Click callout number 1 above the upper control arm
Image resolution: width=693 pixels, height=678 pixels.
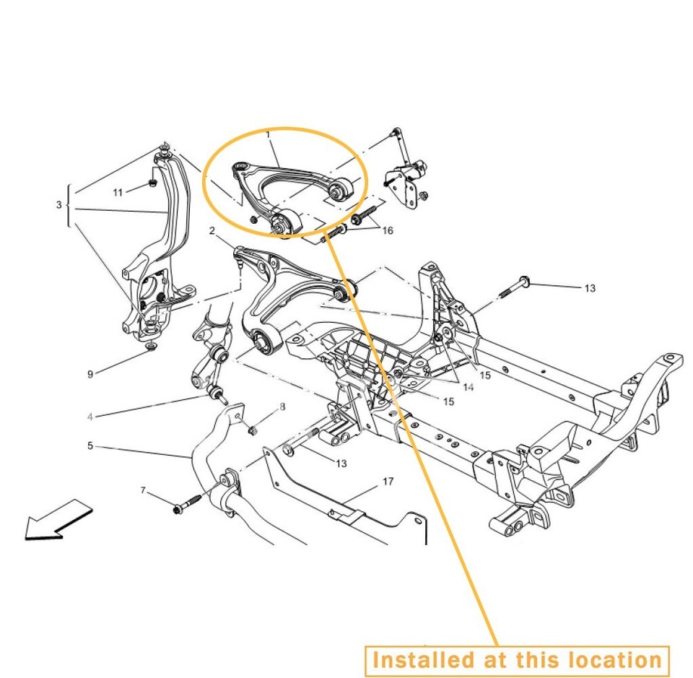click(268, 134)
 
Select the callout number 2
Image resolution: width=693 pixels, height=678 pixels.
click(212, 231)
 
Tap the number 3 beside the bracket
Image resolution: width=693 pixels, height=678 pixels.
click(59, 205)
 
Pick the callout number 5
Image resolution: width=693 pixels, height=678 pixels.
click(90, 446)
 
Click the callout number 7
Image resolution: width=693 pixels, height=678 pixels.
click(143, 491)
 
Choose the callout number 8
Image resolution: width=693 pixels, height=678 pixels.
click(282, 407)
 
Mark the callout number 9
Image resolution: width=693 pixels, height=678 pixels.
click(90, 374)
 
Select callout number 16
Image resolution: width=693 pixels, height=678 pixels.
click(388, 231)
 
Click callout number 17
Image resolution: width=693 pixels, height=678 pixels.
click(388, 481)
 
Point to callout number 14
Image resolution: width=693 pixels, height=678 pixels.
click(468, 388)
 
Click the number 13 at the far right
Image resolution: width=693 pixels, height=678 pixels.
click(590, 288)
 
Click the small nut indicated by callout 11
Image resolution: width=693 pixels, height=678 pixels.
click(153, 183)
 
